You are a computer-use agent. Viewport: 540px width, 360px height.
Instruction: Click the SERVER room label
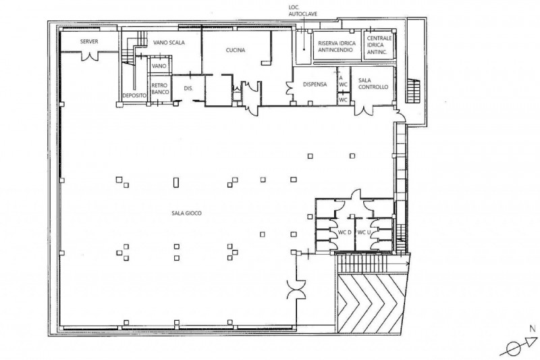pos(89,42)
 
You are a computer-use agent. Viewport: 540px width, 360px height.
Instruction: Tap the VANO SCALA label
pos(169,43)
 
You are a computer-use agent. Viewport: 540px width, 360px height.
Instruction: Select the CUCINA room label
pos(236,50)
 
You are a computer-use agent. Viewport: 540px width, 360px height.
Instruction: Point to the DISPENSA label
pos(315,84)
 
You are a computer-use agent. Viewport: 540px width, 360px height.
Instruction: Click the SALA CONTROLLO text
pos(373,84)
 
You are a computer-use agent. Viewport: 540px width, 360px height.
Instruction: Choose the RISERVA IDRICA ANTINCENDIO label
pos(337,47)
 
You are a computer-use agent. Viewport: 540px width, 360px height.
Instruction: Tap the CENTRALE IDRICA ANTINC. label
pos(379,45)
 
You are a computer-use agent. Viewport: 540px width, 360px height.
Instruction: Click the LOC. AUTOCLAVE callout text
pos(302,11)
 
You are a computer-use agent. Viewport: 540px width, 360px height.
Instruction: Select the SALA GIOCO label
pos(187,213)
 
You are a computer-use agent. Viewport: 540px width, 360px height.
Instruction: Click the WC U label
pos(364,232)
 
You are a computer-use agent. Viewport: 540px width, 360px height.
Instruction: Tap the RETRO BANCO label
pos(160,88)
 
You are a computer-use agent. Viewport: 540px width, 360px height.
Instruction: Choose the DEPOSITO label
pos(134,95)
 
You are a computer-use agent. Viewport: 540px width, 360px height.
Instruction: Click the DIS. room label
pos(188,88)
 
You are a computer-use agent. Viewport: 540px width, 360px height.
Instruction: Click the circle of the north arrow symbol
pos(514,349)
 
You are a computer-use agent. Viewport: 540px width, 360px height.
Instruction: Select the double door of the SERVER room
pos(90,56)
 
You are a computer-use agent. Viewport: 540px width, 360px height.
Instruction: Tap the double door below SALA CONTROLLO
pos(364,109)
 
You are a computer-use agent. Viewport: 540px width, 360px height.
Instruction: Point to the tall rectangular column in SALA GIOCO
pos(176,182)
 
